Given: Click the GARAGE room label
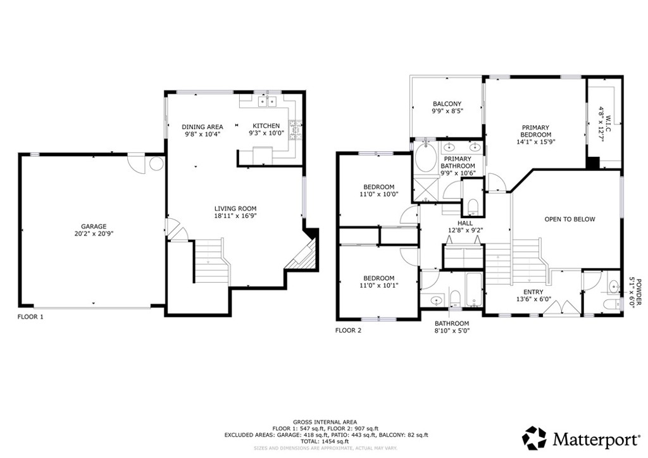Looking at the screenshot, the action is coord(94,226).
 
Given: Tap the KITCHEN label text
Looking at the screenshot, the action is coord(266,126).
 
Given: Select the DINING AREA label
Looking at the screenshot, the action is coord(202,127).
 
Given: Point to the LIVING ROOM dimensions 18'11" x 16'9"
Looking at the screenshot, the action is coord(235,216).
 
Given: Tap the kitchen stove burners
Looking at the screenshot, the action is coord(296,130).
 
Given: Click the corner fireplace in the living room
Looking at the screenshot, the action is coord(305,256).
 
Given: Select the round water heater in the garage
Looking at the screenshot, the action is coord(156,164).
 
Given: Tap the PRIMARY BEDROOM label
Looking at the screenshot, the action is coord(535,132).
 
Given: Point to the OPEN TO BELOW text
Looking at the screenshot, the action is coord(570,220).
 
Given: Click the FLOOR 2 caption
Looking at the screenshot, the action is coord(348,330).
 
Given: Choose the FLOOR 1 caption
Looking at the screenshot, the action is coord(30,317).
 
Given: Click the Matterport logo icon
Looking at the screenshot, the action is coord(534,438).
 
